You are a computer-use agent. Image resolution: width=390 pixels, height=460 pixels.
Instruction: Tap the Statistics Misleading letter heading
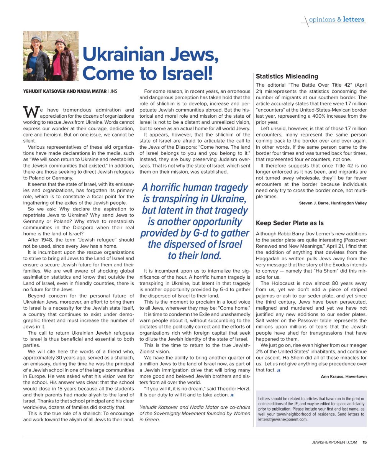point(287,76)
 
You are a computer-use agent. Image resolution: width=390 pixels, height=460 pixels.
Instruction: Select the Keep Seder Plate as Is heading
point(290,223)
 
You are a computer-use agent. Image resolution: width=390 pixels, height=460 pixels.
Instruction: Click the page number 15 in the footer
point(364,442)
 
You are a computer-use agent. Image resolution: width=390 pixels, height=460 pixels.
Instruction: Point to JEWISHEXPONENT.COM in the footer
point(334,442)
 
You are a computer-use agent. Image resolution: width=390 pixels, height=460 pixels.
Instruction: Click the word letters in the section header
point(354,20)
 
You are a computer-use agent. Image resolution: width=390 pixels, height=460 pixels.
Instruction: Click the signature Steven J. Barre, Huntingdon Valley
point(333,203)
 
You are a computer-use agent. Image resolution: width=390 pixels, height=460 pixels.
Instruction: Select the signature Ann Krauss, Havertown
point(344,376)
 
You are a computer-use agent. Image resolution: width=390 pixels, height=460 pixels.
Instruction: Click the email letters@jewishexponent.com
point(283,419)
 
